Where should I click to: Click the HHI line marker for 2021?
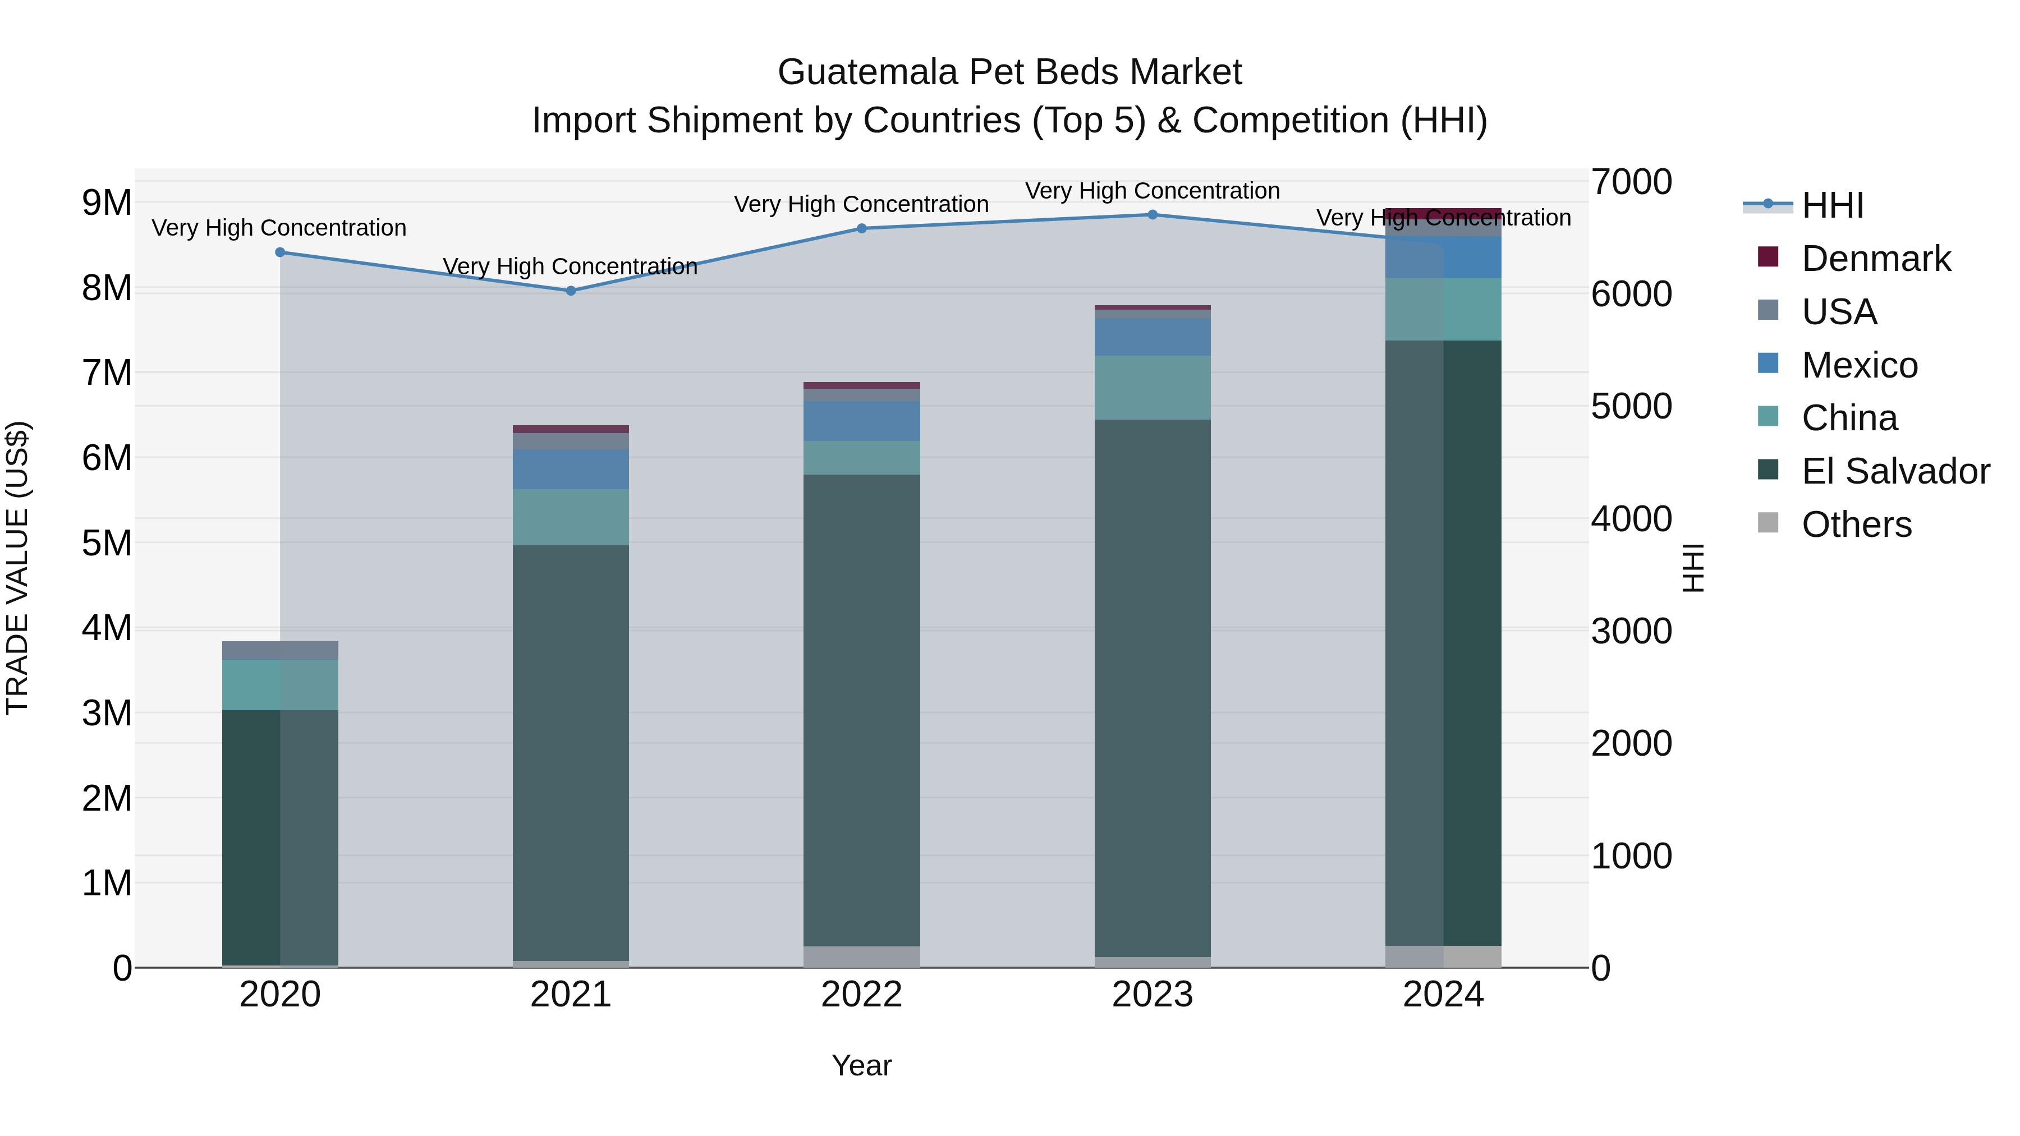coord(571,291)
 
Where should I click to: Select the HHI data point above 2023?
coord(1153,215)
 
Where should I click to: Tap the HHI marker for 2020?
coord(280,252)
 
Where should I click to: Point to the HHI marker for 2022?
coord(862,229)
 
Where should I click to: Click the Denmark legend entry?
coord(1875,259)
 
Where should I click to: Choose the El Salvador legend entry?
coord(1894,471)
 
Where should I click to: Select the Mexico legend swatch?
coord(1768,364)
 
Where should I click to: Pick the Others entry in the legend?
coord(1856,525)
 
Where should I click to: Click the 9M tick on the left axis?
coord(107,203)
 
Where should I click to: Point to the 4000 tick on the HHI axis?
coord(1631,519)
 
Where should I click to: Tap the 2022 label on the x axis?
coord(862,995)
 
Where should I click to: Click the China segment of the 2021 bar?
coord(571,517)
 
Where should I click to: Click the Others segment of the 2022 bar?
coord(862,956)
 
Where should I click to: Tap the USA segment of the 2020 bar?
coord(280,650)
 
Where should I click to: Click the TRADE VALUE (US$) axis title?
coord(17,568)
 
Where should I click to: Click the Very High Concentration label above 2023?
coord(1153,191)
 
